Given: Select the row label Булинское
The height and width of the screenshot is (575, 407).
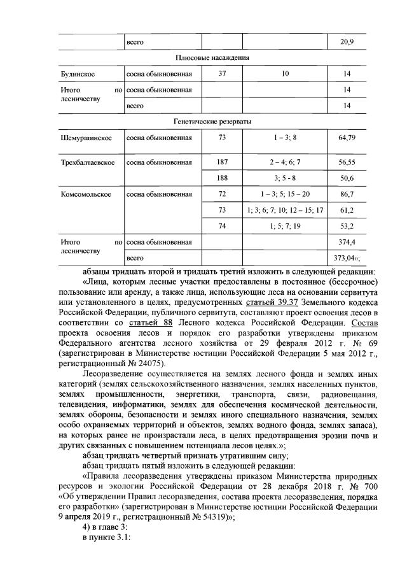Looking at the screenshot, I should coord(74,74).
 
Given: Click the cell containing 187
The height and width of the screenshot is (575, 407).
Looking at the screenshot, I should coord(222,162).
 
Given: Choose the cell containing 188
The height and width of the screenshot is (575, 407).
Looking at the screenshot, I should coord(222,178).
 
